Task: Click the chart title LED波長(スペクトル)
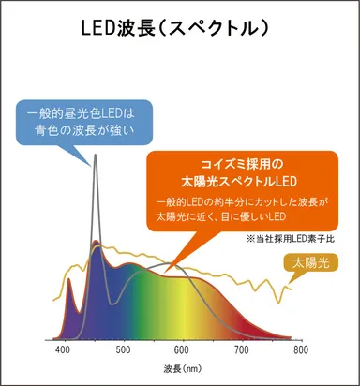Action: coord(178,28)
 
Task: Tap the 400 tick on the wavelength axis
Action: coord(64,349)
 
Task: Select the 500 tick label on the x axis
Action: coord(123,349)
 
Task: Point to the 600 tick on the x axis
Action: coord(182,349)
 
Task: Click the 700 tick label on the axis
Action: coord(241,349)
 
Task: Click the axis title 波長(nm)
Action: coord(181,368)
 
